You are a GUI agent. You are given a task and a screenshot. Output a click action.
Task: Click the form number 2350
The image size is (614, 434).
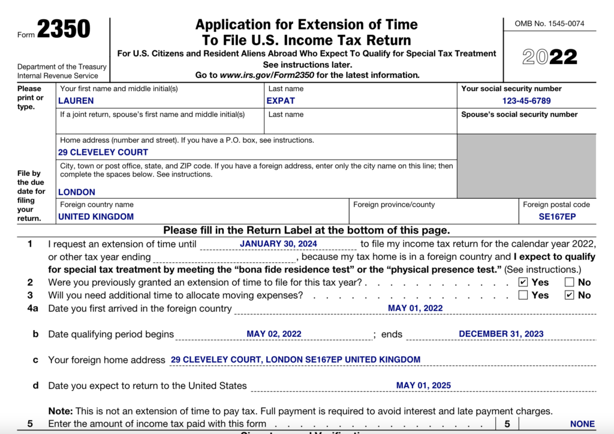(x=64, y=29)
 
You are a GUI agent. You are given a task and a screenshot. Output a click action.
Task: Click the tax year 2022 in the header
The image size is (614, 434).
(x=550, y=57)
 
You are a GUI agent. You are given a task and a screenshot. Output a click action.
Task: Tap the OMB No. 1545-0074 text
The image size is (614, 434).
(x=549, y=24)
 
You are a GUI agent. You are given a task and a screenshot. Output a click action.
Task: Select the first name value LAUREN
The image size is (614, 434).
(x=76, y=101)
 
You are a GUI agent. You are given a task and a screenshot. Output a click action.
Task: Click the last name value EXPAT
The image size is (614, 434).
(x=281, y=101)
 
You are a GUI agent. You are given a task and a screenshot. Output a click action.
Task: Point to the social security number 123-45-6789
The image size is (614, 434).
(x=526, y=101)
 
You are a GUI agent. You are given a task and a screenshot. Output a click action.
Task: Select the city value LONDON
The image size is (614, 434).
(x=77, y=192)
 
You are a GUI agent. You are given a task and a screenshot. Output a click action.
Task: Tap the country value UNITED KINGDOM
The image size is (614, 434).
(x=96, y=216)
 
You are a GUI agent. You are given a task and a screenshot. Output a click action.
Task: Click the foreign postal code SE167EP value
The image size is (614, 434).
(x=557, y=216)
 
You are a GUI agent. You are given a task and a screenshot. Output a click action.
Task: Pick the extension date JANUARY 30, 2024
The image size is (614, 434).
(x=278, y=244)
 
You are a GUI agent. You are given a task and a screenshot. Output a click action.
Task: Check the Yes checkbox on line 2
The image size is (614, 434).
(x=523, y=282)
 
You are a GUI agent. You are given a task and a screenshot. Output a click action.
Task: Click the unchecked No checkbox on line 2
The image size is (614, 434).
(x=569, y=282)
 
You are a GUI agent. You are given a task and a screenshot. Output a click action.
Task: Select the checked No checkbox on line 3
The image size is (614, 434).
(x=569, y=295)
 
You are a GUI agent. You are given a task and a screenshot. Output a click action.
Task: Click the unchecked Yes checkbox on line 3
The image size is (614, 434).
(x=523, y=295)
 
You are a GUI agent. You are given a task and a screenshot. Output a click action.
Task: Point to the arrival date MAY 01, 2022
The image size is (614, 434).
(x=415, y=308)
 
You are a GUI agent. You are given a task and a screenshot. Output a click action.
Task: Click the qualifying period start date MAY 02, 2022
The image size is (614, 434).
(x=274, y=334)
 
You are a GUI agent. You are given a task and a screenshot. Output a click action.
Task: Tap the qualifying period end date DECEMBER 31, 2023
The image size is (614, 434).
(x=501, y=334)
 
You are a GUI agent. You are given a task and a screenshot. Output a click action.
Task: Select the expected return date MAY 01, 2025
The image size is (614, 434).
(x=423, y=385)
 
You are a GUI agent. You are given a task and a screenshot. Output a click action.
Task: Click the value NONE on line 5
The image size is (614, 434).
(x=582, y=424)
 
